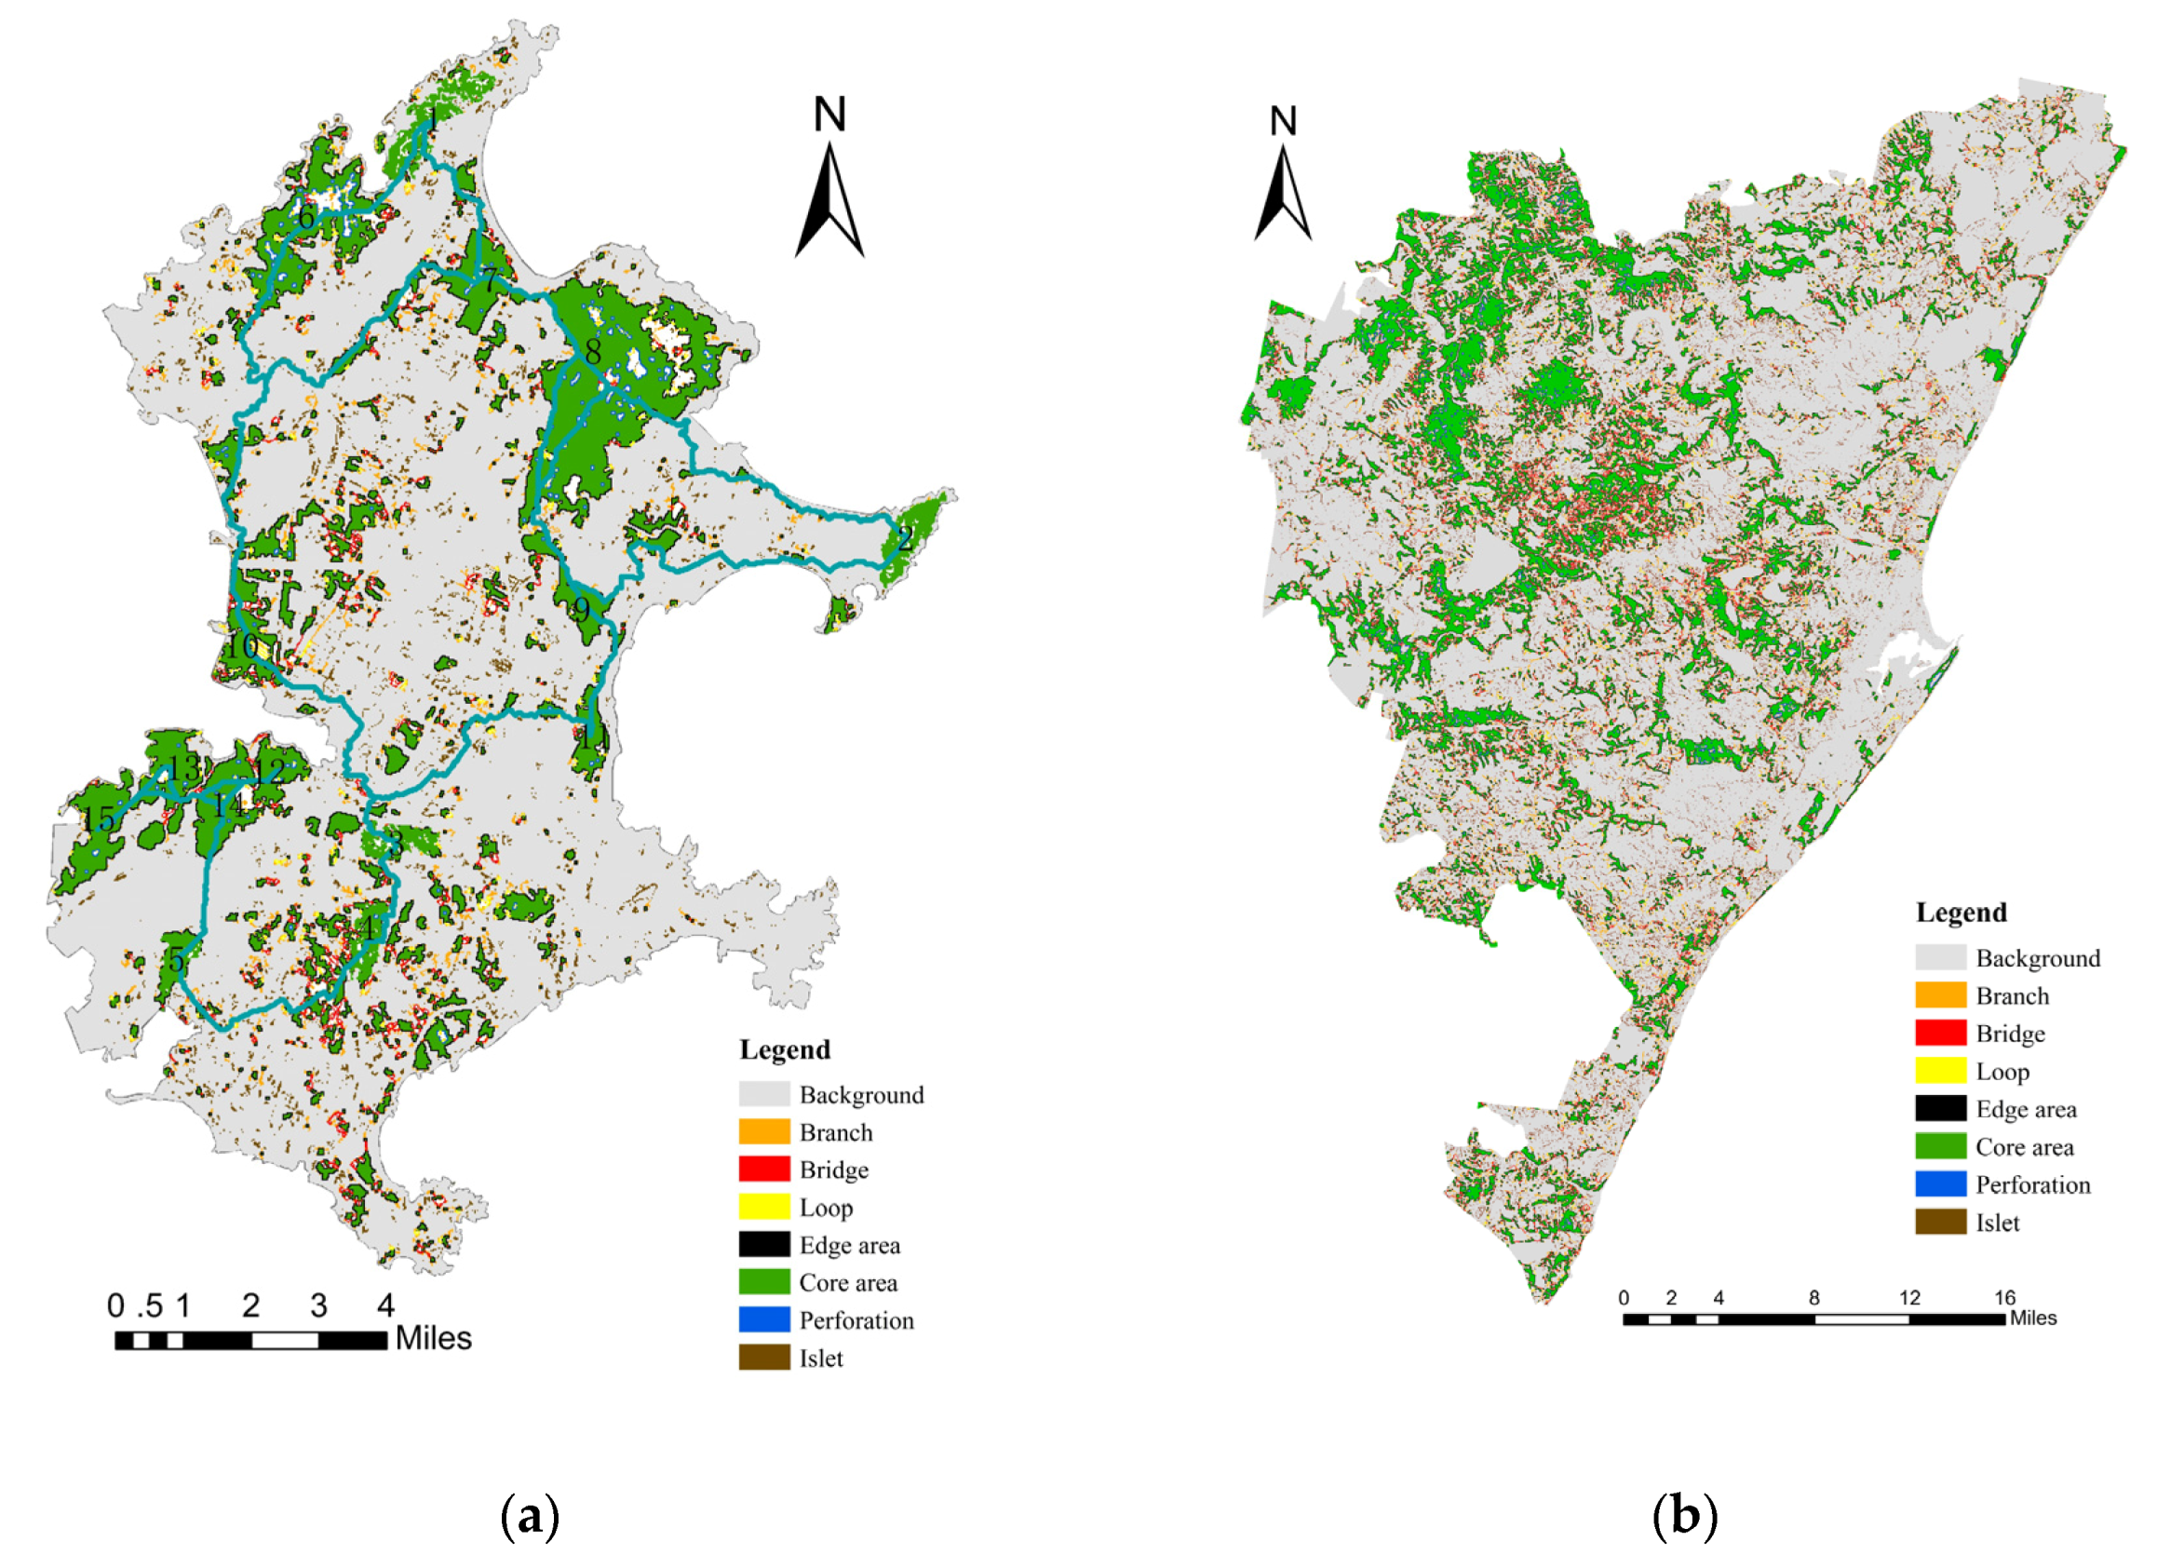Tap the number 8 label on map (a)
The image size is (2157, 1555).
[x=593, y=352]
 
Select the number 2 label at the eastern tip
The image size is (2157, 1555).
[x=905, y=538]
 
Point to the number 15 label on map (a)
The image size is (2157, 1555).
[x=99, y=818]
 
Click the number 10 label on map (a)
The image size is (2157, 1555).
[x=241, y=647]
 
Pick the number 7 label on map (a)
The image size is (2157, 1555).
[x=490, y=281]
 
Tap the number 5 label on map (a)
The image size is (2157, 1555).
[x=177, y=960]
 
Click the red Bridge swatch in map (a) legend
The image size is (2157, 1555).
[x=763, y=1169]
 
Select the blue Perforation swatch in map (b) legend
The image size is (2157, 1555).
[x=1940, y=1184]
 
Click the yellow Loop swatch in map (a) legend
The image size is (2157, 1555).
[x=763, y=1207]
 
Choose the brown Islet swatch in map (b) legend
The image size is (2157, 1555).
[x=1940, y=1223]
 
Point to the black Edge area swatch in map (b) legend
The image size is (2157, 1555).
[x=1940, y=1109]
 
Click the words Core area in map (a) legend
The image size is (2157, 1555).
[x=847, y=1283]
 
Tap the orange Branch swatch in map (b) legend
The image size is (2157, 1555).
[x=1940, y=995]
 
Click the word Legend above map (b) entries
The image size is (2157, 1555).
[x=1961, y=913]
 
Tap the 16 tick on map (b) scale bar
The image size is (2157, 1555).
[x=2005, y=1298]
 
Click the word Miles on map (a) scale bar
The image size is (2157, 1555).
[x=433, y=1338]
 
